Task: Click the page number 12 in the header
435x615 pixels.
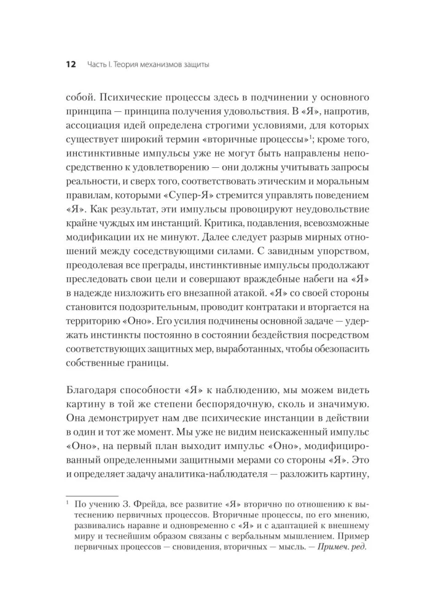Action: tap(70, 64)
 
